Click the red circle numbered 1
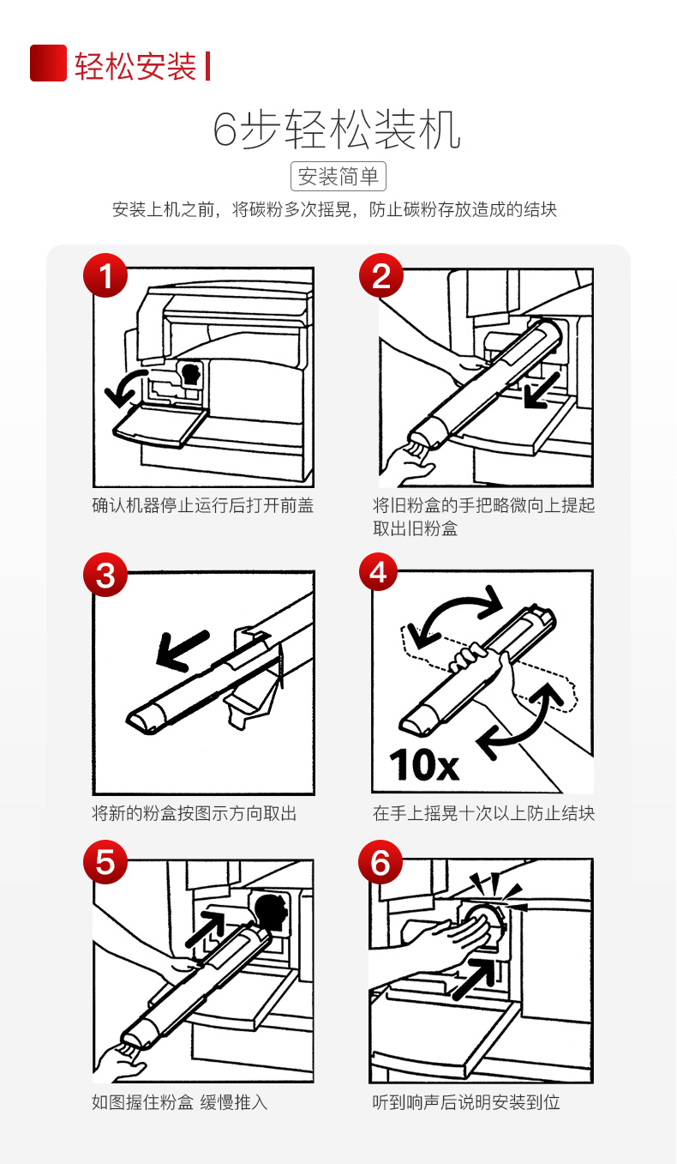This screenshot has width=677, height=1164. [x=105, y=275]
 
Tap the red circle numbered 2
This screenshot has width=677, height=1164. [x=381, y=275]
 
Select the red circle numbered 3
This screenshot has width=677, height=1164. [x=105, y=575]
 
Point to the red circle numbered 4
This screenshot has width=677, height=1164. [x=379, y=571]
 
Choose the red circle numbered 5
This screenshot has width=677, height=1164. [x=105, y=862]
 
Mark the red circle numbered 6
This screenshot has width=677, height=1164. [x=380, y=862]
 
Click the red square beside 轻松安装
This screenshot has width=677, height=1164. [x=48, y=63]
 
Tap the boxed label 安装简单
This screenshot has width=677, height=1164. [x=338, y=176]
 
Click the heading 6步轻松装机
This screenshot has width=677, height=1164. [x=337, y=130]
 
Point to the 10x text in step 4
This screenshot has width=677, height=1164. [x=424, y=765]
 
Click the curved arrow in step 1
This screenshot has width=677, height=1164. [x=123, y=387]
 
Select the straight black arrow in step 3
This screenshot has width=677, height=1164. [x=182, y=650]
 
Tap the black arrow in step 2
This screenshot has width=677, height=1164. [x=542, y=389]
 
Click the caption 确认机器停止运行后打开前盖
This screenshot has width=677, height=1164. [x=203, y=505]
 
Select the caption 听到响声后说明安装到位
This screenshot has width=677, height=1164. [x=466, y=1101]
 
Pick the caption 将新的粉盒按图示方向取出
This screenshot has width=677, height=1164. [x=195, y=812]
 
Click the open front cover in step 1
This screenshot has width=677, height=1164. [x=161, y=425]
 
